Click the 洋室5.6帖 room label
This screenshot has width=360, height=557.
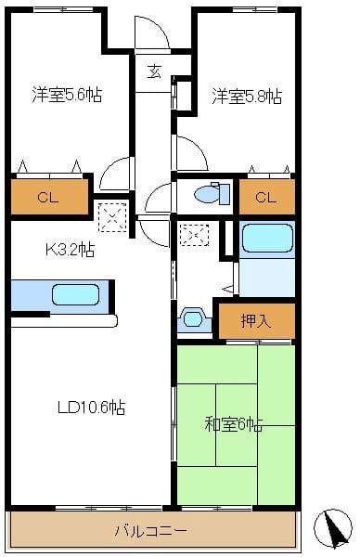click(67, 95)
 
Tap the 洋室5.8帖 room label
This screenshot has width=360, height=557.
click(247, 96)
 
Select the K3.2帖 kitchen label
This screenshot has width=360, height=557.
click(70, 250)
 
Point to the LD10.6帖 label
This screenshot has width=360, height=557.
click(91, 408)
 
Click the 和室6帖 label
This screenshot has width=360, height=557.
click(234, 424)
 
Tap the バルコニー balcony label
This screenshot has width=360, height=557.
click(150, 531)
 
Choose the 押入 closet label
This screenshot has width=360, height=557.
click(256, 321)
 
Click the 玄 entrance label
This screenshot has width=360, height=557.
click(154, 71)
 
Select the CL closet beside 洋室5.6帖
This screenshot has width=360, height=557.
click(48, 197)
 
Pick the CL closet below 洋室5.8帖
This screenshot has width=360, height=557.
click(266, 197)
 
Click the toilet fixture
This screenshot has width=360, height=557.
click(212, 194)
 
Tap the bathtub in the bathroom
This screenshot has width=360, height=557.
click(267, 239)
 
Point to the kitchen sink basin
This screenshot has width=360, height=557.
click(76, 295)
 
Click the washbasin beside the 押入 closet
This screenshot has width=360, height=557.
click(194, 319)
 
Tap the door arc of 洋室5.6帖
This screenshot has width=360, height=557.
click(110, 170)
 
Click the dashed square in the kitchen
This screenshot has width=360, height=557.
click(112, 217)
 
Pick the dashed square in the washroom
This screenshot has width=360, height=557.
click(194, 235)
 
